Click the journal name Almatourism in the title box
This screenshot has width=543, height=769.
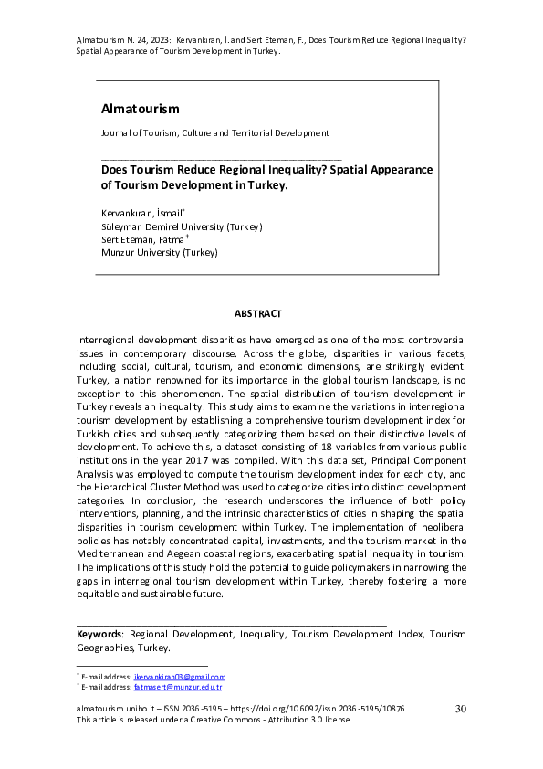[x=140, y=109]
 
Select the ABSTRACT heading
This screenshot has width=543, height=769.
[x=257, y=313]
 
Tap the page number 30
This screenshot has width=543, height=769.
[x=460, y=709]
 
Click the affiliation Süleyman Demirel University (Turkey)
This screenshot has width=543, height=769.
[x=181, y=226]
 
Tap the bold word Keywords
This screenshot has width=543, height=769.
[x=99, y=634]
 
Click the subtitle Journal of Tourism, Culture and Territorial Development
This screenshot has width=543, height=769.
[x=214, y=133]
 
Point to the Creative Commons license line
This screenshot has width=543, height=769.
[x=214, y=720]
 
